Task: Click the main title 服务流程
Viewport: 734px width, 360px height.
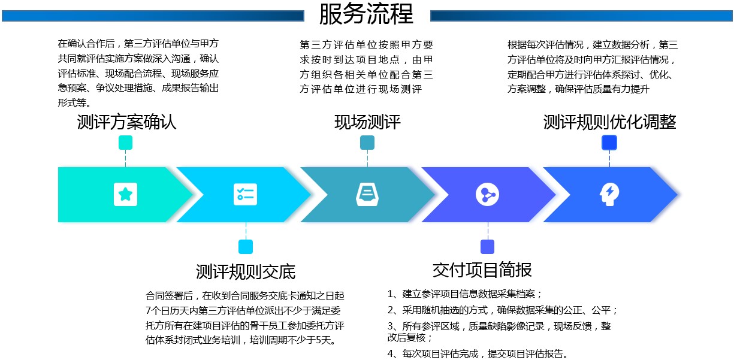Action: [x=366, y=14]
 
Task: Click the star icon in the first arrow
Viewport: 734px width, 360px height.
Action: [x=125, y=195]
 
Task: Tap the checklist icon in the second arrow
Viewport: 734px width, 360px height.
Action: [x=246, y=195]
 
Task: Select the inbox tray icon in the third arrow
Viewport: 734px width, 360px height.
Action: [x=367, y=195]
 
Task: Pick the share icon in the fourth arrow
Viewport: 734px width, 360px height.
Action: [x=488, y=195]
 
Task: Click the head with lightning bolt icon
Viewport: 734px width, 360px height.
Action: [x=609, y=195]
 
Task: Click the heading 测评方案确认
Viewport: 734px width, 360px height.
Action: [x=126, y=122]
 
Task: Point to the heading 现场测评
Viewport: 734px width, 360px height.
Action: [x=367, y=122]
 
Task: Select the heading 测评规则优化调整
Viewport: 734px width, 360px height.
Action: [x=609, y=122]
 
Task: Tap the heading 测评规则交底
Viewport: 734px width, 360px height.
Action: [x=246, y=271]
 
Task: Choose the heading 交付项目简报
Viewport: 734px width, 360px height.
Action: [x=482, y=270]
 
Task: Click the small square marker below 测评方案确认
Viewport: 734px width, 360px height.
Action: [x=125, y=143]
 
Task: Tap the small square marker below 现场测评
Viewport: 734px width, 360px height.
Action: [x=367, y=143]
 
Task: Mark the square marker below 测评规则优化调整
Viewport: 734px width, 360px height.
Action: [x=609, y=143]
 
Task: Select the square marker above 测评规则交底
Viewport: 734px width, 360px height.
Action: [x=246, y=247]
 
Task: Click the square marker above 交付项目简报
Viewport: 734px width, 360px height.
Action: [x=488, y=247]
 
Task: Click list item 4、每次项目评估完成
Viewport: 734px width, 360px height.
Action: [x=478, y=354]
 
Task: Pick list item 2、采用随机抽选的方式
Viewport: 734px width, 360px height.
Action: [x=502, y=310]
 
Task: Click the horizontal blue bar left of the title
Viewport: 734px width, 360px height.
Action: [x=153, y=16]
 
